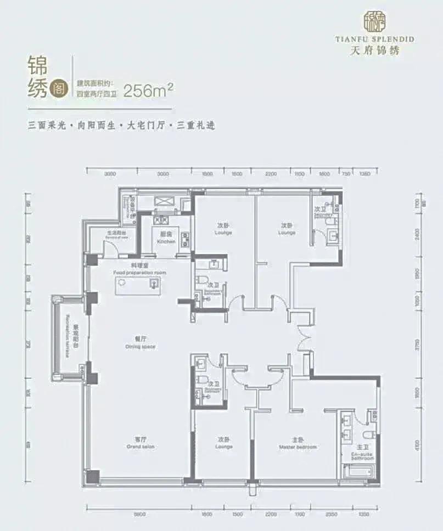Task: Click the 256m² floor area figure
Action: pyautogui.click(x=149, y=89)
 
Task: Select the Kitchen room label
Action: pyautogui.click(x=166, y=238)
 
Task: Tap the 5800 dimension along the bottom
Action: pyautogui.click(x=139, y=514)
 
